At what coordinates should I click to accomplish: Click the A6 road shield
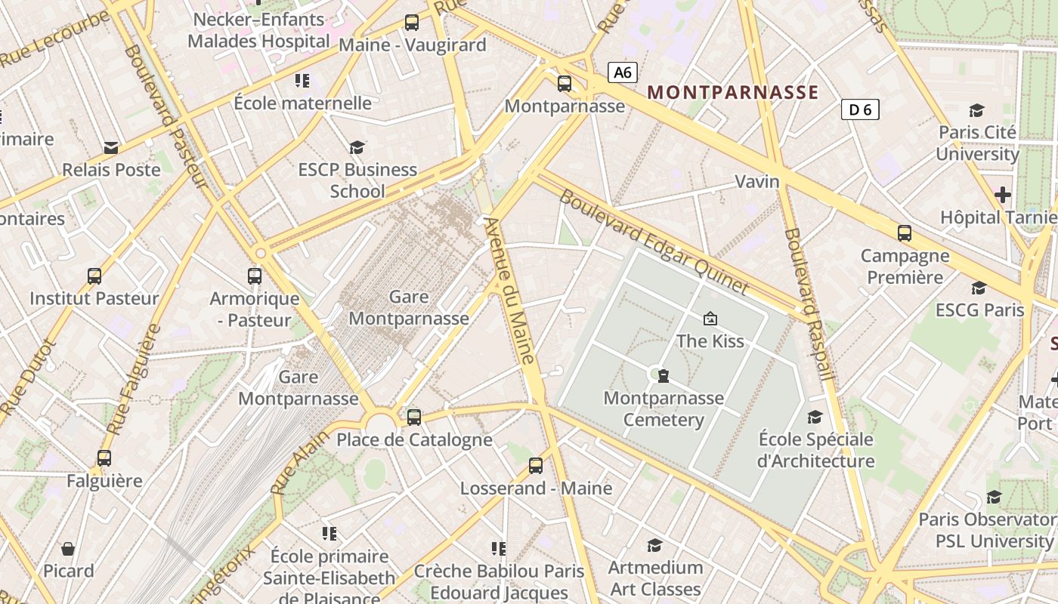click(623, 72)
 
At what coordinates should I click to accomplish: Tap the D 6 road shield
click(860, 109)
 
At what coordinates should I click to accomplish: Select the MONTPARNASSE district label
click(733, 92)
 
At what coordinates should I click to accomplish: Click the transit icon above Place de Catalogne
click(413, 417)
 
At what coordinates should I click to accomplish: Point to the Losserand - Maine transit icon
click(536, 465)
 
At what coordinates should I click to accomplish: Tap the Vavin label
click(757, 181)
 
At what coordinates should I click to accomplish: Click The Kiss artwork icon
click(710, 319)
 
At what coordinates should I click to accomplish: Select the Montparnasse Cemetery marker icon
click(664, 375)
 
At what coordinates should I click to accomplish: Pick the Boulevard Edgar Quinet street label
click(654, 242)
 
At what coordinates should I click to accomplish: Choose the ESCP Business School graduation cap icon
click(357, 147)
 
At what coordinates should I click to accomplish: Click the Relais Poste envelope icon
click(111, 147)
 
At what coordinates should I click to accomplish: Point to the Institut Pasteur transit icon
click(94, 276)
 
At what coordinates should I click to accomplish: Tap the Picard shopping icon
click(68, 549)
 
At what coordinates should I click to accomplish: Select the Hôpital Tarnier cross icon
click(1003, 195)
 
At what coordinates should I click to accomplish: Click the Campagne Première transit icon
click(905, 233)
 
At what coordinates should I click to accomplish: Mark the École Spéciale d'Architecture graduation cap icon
click(815, 417)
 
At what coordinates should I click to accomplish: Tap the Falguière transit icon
click(104, 458)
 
